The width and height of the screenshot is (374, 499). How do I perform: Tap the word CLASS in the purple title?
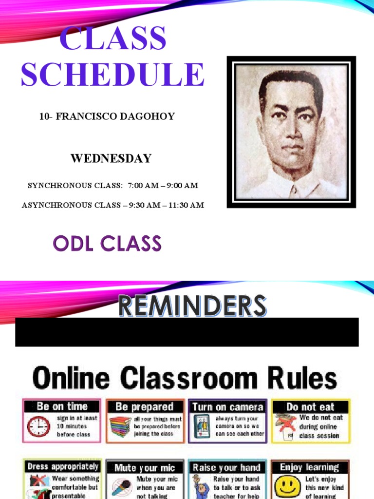coord(112,38)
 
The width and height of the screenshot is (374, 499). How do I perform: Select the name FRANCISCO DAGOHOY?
coord(115,116)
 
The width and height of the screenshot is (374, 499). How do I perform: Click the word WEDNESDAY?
coord(111,158)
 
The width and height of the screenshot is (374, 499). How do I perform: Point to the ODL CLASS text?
coord(107,243)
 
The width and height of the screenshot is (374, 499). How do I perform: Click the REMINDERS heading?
coord(192,306)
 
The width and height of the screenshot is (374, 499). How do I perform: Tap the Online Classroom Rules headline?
coord(185,379)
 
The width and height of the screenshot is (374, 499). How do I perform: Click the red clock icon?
coord(38,427)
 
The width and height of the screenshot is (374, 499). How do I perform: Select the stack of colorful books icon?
coord(120,427)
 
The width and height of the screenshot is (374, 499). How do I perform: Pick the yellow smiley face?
coord(287,485)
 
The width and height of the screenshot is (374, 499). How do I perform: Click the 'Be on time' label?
coord(62,406)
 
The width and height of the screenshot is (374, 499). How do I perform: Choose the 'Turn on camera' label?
coord(227,406)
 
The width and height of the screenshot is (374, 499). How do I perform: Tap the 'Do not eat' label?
coord(310,406)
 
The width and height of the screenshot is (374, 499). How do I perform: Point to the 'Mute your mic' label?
coord(145,468)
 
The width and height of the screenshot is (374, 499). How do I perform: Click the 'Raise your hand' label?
coord(227,468)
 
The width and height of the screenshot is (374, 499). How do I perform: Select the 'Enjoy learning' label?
coord(309,467)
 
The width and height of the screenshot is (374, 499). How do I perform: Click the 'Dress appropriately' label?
coord(63,466)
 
